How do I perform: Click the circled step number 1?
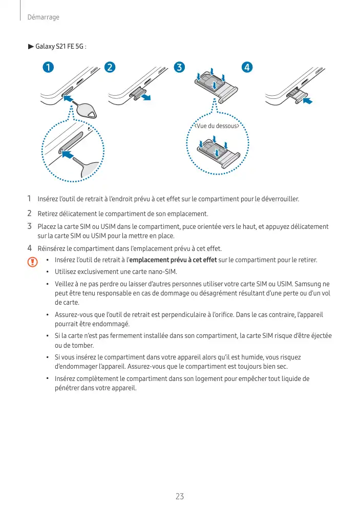pos(49,67)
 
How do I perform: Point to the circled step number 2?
pos(110,67)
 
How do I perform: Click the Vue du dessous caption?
pos(216,126)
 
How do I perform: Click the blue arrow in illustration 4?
pos(307,101)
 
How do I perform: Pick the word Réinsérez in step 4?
pos(52,249)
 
